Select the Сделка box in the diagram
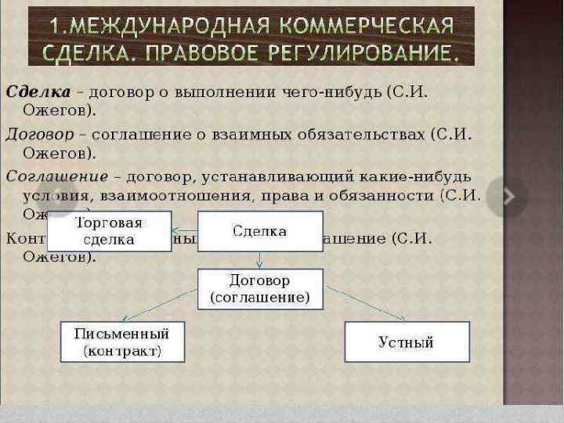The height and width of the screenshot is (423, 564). (x=259, y=231)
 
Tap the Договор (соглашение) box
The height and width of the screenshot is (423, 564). (x=259, y=289)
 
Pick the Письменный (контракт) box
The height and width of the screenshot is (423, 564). (x=122, y=342)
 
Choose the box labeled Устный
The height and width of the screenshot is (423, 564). (x=407, y=342)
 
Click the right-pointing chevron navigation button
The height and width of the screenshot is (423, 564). (x=506, y=197)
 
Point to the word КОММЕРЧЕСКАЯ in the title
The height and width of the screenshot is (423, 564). (x=375, y=26)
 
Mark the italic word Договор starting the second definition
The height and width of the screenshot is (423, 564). (x=40, y=134)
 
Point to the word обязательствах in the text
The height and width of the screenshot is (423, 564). (x=368, y=134)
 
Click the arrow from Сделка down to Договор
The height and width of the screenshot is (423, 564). (x=259, y=260)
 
